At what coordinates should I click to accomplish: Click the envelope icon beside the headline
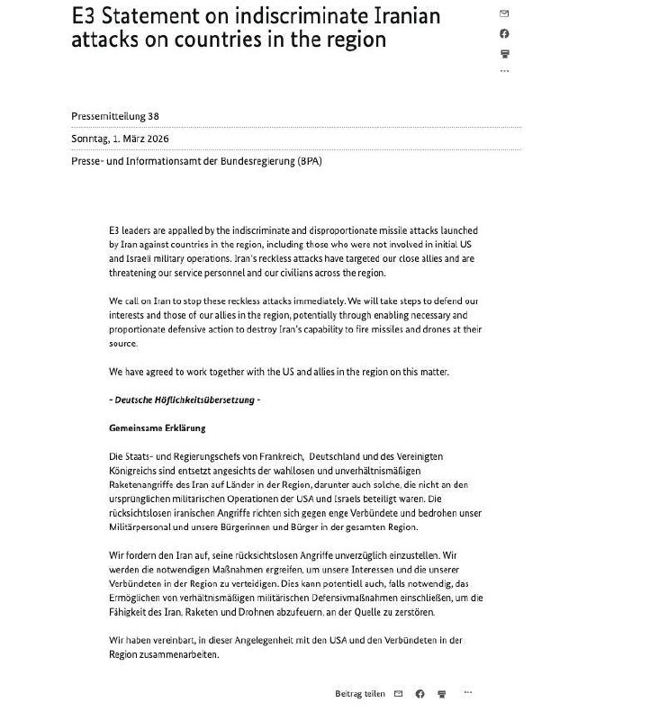pyautogui.click(x=504, y=14)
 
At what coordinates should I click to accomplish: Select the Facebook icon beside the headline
pyautogui.click(x=504, y=34)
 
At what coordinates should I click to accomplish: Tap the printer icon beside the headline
pyautogui.click(x=504, y=54)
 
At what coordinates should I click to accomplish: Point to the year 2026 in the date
pyautogui.click(x=155, y=139)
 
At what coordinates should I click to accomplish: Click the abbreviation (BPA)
pyautogui.click(x=306, y=162)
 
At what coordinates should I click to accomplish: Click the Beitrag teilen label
pyautogui.click(x=360, y=694)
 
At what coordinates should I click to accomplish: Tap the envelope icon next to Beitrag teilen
pyautogui.click(x=397, y=694)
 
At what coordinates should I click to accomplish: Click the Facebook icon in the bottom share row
pyautogui.click(x=420, y=694)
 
